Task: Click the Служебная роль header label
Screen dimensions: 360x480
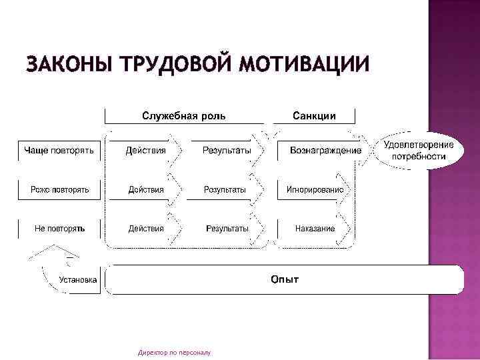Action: [184, 116]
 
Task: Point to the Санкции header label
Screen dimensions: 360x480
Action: [314, 116]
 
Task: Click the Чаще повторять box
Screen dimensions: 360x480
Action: [59, 151]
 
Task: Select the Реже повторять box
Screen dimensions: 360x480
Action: [59, 190]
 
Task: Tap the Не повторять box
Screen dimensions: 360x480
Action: [59, 229]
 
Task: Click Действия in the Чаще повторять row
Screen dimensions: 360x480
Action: [145, 151]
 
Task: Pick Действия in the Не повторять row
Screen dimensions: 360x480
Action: [145, 229]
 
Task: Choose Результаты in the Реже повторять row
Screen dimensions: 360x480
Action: [225, 190]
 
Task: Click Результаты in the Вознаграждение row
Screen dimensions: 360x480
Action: [227, 151]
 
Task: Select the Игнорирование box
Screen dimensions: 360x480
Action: [315, 190]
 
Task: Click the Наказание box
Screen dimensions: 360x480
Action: [315, 229]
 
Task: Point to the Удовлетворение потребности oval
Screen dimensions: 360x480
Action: [419, 151]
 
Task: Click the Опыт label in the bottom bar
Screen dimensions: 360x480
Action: [285, 279]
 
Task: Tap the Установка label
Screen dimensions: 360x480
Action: [78, 280]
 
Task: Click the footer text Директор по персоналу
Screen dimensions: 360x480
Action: [174, 351]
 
